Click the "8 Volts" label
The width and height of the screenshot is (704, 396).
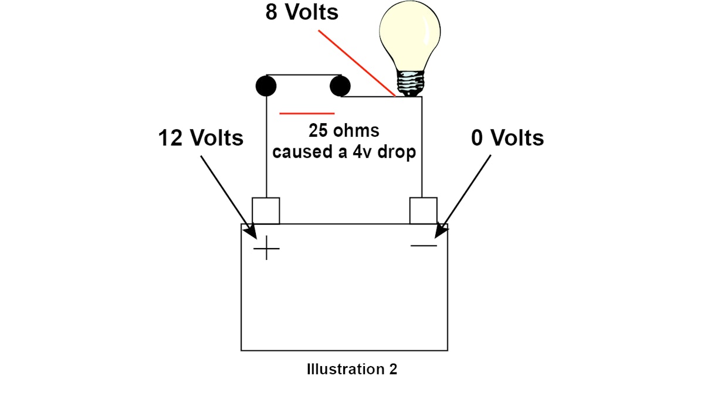(302, 12)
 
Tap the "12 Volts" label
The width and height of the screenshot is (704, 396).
(201, 138)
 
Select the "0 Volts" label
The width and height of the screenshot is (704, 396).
(507, 138)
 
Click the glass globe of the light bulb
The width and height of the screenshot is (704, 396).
(409, 35)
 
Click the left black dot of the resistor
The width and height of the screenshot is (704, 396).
(266, 87)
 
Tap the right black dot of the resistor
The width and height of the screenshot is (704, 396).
(340, 87)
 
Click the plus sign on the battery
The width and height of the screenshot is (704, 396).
(266, 249)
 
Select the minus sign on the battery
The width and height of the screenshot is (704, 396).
(424, 245)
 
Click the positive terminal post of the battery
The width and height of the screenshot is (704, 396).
(266, 211)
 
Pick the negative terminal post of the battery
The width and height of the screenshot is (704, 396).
(422, 211)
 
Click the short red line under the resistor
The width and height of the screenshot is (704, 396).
(307, 113)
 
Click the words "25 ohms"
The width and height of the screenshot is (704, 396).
(344, 130)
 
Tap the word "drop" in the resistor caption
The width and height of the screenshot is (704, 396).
(398, 152)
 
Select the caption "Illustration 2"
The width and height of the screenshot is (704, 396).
(351, 370)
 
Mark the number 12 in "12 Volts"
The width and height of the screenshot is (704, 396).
(171, 138)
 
